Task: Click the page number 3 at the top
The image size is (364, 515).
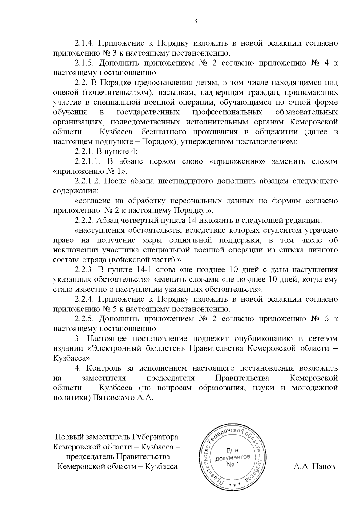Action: pyautogui.click(x=195, y=21)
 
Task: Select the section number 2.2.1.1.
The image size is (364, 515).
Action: pyautogui.click(x=88, y=161)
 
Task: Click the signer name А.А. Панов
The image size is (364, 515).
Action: pyautogui.click(x=314, y=466)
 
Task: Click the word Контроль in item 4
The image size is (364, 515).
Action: pyautogui.click(x=103, y=368)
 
